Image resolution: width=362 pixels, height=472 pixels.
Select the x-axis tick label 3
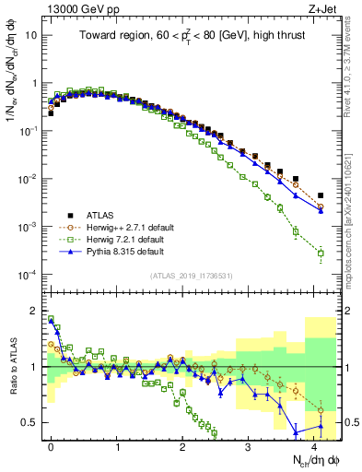click(248, 445)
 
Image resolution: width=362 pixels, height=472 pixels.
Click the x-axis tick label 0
click(51, 445)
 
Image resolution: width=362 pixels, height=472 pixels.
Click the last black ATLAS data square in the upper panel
click(321, 195)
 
